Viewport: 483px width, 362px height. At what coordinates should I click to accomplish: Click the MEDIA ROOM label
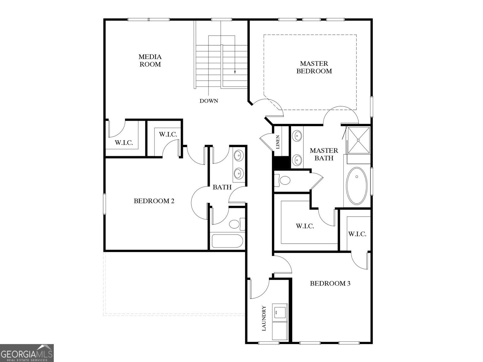pyautogui.click(x=150, y=60)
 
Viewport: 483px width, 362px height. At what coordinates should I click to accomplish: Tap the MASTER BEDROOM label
pyautogui.click(x=314, y=67)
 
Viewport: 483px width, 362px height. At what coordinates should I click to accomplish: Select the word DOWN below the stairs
pyautogui.click(x=209, y=101)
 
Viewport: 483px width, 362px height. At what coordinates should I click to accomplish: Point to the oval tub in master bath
pyautogui.click(x=357, y=186)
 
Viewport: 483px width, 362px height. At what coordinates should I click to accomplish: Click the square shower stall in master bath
pyautogui.click(x=358, y=140)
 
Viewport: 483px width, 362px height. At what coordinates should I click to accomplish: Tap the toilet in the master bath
pyautogui.click(x=283, y=181)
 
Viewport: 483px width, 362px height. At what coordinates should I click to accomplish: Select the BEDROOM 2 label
pyautogui.click(x=154, y=201)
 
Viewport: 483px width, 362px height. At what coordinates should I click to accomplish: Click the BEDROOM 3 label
pyautogui.click(x=330, y=284)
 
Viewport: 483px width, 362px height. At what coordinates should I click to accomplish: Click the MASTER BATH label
pyautogui.click(x=324, y=154)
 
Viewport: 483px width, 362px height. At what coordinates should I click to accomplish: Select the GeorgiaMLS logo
pyautogui.click(x=27, y=353)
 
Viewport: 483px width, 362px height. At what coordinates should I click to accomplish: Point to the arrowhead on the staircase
pyautogui.click(x=235, y=72)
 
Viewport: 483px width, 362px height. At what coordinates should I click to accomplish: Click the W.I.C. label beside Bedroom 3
pyautogui.click(x=357, y=234)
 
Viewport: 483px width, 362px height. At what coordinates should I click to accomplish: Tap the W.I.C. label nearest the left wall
pyautogui.click(x=124, y=143)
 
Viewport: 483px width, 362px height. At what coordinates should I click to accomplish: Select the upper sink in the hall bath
pyautogui.click(x=238, y=156)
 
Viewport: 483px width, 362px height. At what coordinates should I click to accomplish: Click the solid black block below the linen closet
pyautogui.click(x=281, y=163)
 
